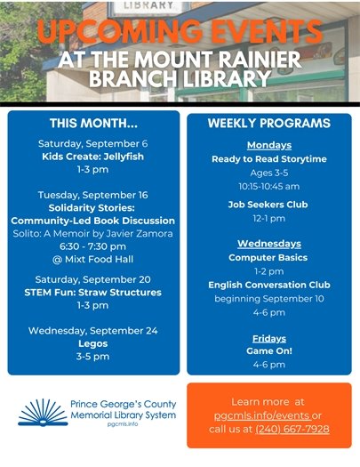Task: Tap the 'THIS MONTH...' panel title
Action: point(93,124)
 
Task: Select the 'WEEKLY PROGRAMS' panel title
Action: point(268,123)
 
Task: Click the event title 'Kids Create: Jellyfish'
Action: point(92,156)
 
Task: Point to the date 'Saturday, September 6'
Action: point(92,142)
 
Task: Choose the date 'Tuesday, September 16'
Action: point(92,194)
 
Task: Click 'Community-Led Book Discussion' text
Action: point(92,220)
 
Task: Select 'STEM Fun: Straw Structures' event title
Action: point(92,292)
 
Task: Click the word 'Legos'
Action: point(92,343)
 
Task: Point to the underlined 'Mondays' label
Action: point(268,145)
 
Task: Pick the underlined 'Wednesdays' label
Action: point(268,243)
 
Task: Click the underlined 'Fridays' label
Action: point(268,338)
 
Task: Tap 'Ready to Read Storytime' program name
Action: point(268,158)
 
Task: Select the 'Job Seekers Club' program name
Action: point(268,204)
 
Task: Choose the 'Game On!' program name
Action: point(268,350)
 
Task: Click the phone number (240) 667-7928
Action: point(291,429)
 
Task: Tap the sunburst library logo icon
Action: point(39,413)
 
